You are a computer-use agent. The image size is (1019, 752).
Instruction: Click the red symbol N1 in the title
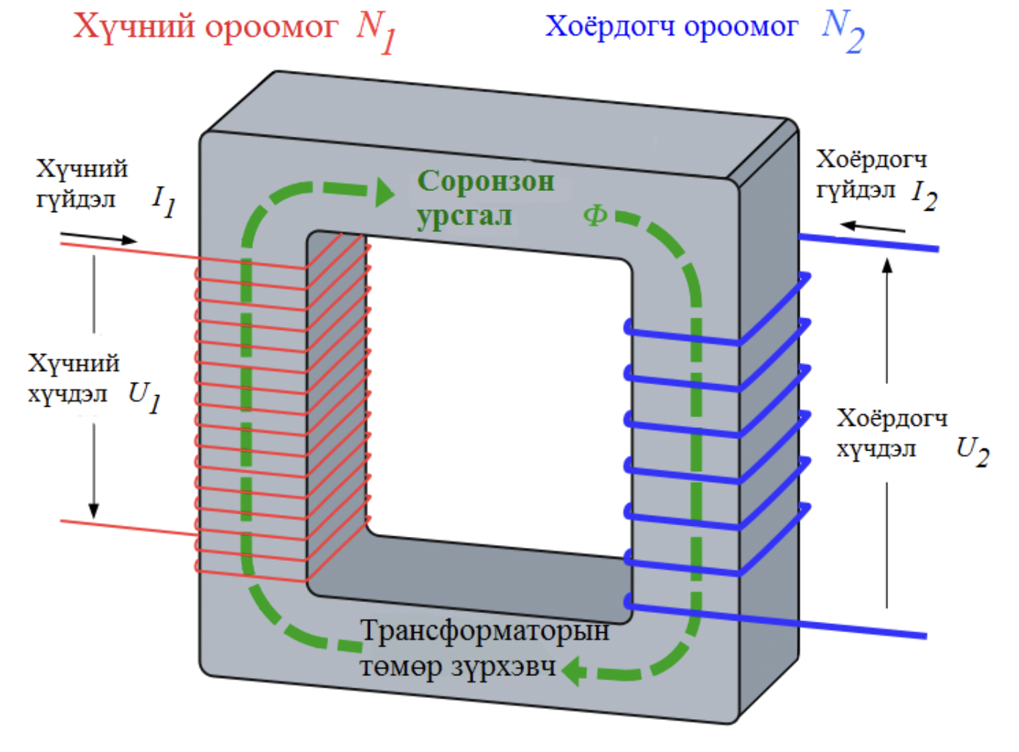click(376, 31)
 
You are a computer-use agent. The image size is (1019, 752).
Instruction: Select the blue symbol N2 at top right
click(843, 31)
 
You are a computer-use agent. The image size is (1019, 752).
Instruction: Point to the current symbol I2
click(924, 195)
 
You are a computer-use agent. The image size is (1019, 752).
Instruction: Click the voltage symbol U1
click(145, 397)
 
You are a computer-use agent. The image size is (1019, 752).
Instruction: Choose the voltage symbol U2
click(972, 451)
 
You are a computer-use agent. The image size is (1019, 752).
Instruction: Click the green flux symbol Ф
click(595, 215)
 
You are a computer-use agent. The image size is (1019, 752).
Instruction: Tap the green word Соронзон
click(485, 181)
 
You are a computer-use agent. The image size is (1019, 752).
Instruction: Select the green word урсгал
click(464, 217)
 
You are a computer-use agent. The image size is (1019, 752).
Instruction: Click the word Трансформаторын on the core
click(485, 631)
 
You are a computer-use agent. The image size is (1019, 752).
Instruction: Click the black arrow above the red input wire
click(99, 237)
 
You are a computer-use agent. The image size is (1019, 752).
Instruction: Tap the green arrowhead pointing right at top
click(384, 192)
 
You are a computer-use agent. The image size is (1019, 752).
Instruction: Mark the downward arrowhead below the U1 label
click(94, 509)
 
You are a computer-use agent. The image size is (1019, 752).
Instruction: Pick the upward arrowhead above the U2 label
click(887, 266)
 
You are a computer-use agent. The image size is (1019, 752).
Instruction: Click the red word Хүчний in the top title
click(135, 27)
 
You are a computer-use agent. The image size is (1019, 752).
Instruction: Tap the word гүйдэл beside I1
click(76, 199)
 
